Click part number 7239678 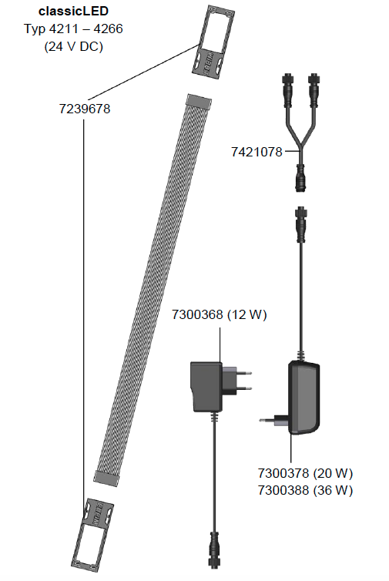(85, 109)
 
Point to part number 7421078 (257, 152)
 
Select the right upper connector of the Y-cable (315, 89)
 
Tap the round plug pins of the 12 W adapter (243, 385)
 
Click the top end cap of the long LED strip (200, 102)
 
